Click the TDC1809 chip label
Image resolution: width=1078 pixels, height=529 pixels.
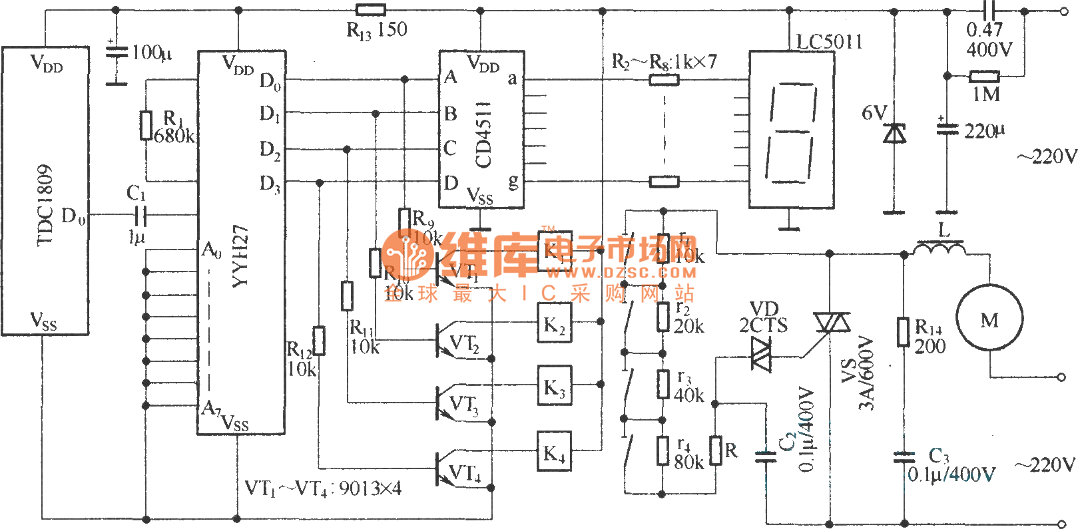click(44, 205)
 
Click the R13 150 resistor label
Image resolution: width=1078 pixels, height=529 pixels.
click(377, 30)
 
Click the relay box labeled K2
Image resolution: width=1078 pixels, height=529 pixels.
click(554, 324)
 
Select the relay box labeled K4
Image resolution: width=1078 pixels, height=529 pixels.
click(554, 452)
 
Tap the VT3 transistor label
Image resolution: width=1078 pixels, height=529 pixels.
click(464, 404)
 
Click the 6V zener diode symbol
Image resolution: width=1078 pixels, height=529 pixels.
click(894, 133)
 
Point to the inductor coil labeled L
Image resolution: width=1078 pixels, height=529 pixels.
click(941, 248)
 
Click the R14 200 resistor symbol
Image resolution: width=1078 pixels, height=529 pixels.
click(903, 331)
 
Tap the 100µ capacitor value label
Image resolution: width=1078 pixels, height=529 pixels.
click(152, 53)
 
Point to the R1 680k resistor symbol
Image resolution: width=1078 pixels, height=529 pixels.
click(146, 125)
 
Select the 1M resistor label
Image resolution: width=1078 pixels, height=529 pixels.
click(986, 94)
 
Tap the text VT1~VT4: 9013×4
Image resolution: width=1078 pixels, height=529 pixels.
click(324, 489)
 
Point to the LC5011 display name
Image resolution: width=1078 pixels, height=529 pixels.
click(830, 42)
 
